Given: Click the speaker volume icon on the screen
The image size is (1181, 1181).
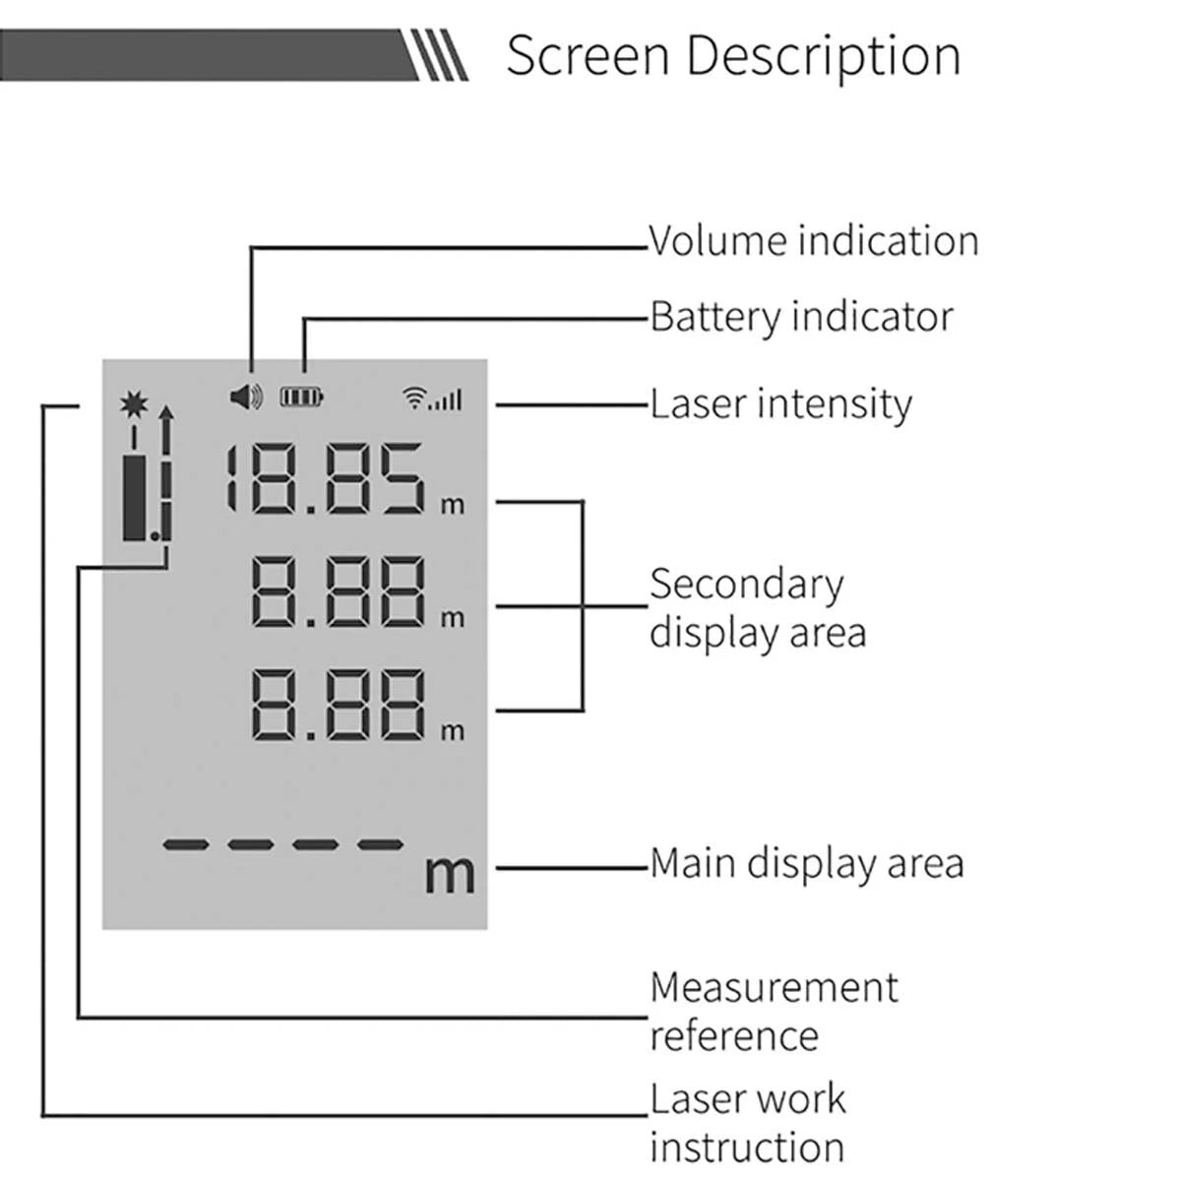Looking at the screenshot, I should coord(246,397).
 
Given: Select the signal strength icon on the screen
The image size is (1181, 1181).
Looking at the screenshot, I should coord(434,398).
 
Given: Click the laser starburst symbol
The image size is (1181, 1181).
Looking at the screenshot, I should coord(132,404).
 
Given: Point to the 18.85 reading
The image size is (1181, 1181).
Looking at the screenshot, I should coord(325,479).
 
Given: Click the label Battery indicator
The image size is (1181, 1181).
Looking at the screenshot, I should coord(801,317).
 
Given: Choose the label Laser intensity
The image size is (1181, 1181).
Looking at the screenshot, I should coord(780,404).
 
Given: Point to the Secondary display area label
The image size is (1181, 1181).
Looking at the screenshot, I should coord(757,607).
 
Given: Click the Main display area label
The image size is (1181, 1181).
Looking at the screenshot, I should coord(806,863).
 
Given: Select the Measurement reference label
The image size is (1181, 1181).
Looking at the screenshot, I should coord(774,1011).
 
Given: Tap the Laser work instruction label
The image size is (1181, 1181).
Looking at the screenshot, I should coord(747,1123).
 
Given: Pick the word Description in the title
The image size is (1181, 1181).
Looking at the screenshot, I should coord(823,55).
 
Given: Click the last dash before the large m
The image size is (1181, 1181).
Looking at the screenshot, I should coord(380,844).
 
